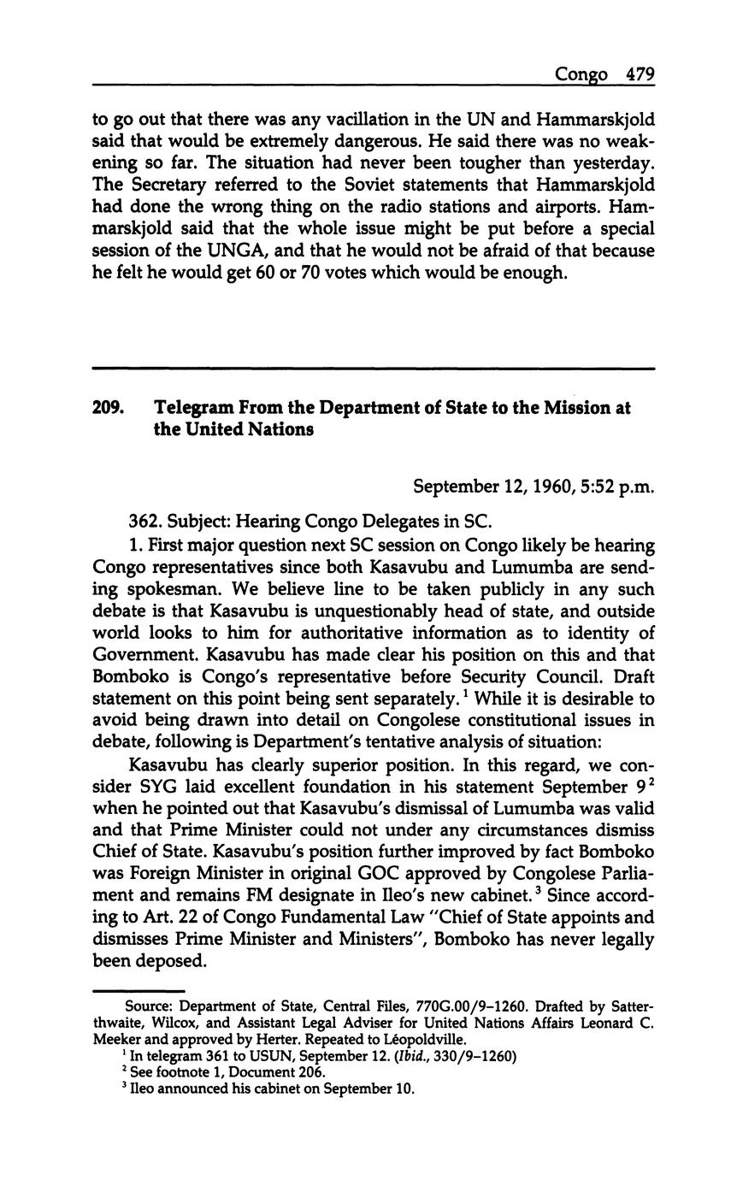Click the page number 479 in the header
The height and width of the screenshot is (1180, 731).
point(639,74)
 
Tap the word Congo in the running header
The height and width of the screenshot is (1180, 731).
point(581,75)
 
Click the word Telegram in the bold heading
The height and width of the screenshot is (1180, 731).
point(192,409)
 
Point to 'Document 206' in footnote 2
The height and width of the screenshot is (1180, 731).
point(283,1072)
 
